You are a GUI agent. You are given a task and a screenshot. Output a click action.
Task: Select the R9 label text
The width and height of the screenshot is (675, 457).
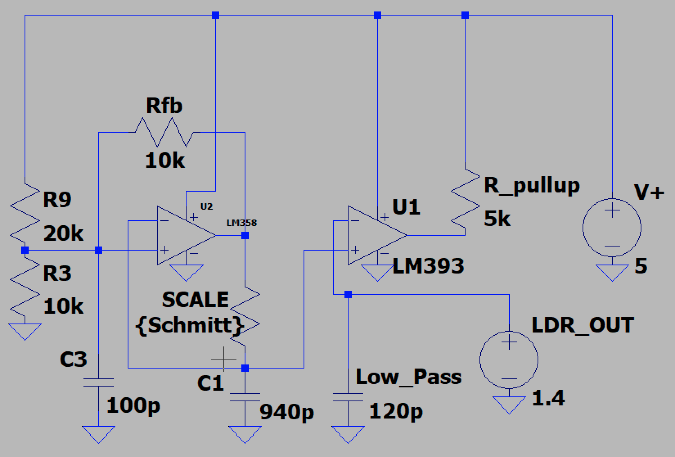(x=57, y=199)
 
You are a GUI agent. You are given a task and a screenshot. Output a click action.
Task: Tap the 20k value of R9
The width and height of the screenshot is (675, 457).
(x=63, y=234)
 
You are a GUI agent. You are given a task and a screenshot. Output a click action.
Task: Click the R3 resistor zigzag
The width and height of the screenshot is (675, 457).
(x=25, y=287)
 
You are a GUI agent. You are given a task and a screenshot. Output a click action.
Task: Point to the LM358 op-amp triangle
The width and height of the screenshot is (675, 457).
(x=184, y=235)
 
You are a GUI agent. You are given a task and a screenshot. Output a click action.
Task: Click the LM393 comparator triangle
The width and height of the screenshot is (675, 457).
(x=374, y=235)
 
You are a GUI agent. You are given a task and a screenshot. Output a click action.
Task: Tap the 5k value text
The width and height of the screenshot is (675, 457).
(x=497, y=219)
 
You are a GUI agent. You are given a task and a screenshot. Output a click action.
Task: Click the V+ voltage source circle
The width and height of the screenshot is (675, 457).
(x=612, y=228)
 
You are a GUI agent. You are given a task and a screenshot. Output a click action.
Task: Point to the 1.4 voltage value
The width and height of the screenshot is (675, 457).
(x=548, y=398)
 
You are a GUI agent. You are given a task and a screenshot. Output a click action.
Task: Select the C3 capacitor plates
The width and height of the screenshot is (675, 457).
(x=99, y=382)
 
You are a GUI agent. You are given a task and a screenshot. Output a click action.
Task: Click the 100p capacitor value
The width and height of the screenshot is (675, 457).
(x=133, y=405)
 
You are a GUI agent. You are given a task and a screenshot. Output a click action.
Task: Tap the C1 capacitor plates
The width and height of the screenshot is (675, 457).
(x=245, y=397)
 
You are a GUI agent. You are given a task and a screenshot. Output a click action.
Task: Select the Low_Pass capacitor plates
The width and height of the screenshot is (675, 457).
(x=348, y=397)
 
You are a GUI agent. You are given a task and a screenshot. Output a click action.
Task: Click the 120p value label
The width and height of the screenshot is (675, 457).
(x=396, y=412)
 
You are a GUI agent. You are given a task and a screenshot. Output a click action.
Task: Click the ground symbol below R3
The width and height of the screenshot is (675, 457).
(x=25, y=330)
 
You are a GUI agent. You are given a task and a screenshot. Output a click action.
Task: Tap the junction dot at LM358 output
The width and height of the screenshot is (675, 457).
(x=245, y=235)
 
